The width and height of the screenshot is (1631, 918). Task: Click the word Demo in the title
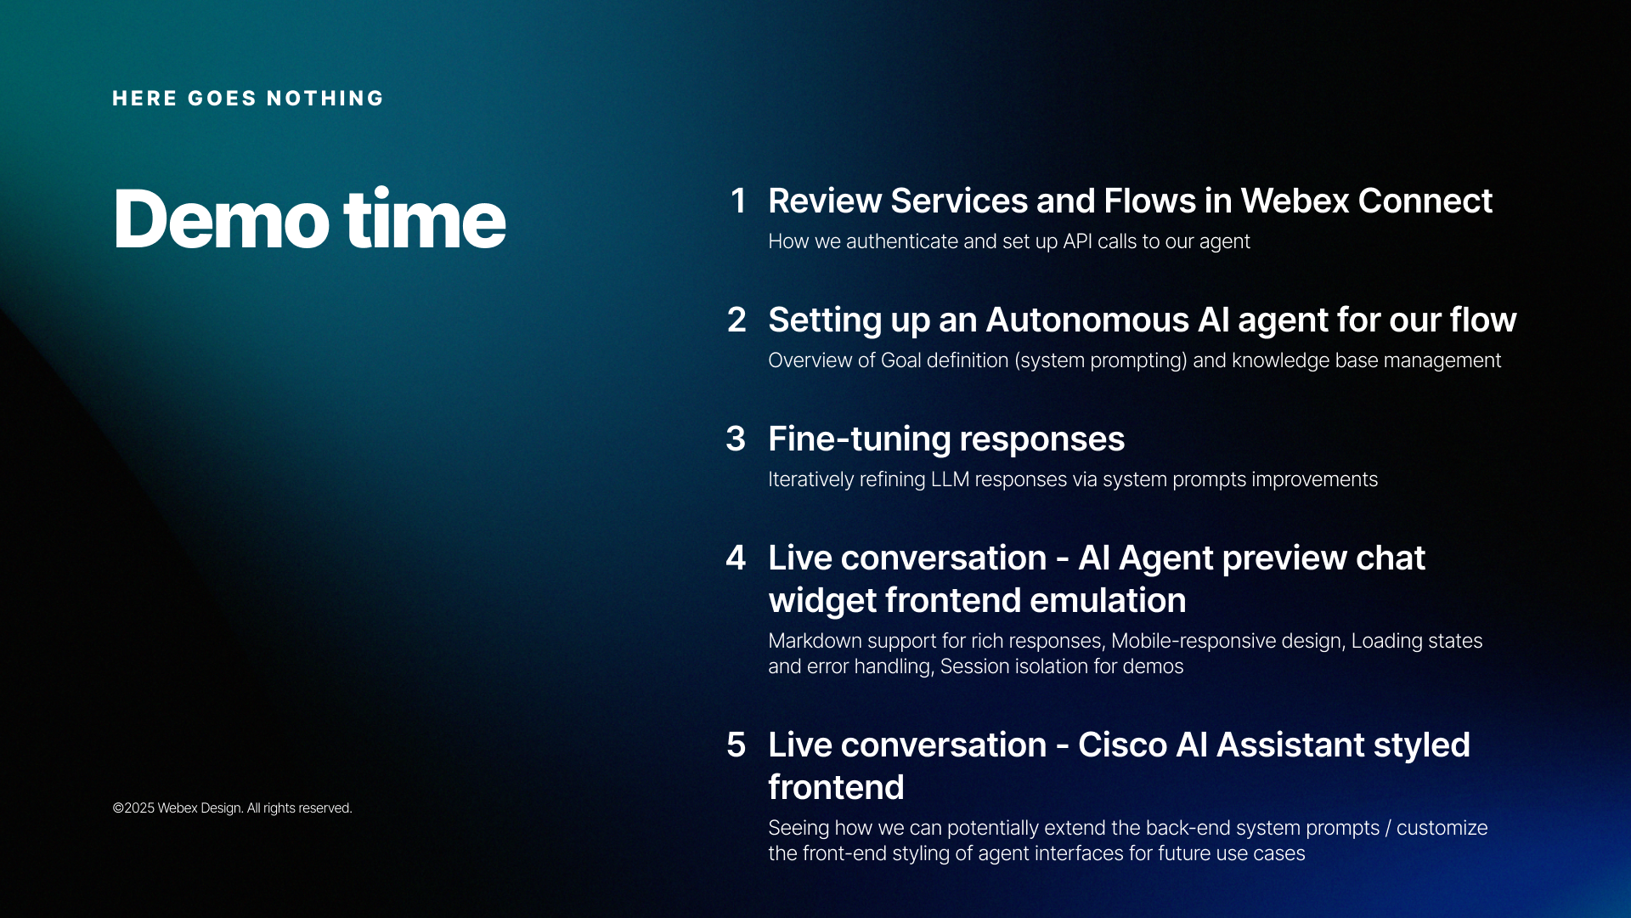pyautogui.click(x=221, y=219)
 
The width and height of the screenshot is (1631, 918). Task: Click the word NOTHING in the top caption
pyautogui.click(x=325, y=99)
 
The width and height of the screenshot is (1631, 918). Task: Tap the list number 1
pyautogui.click(x=738, y=201)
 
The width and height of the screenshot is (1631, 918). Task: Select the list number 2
pyautogui.click(x=736, y=320)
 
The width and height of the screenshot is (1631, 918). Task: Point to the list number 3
pyautogui.click(x=736, y=439)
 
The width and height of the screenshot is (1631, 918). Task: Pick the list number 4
pyautogui.click(x=736, y=558)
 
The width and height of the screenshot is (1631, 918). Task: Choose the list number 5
pyautogui.click(x=736, y=745)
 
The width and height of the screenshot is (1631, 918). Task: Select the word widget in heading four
pyautogui.click(x=821, y=601)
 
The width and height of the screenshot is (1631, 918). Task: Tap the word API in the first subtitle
pyautogui.click(x=1077, y=242)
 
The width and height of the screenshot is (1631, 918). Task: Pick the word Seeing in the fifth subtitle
pyautogui.click(x=799, y=829)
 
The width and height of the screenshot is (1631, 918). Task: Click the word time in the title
pyautogui.click(x=424, y=219)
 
